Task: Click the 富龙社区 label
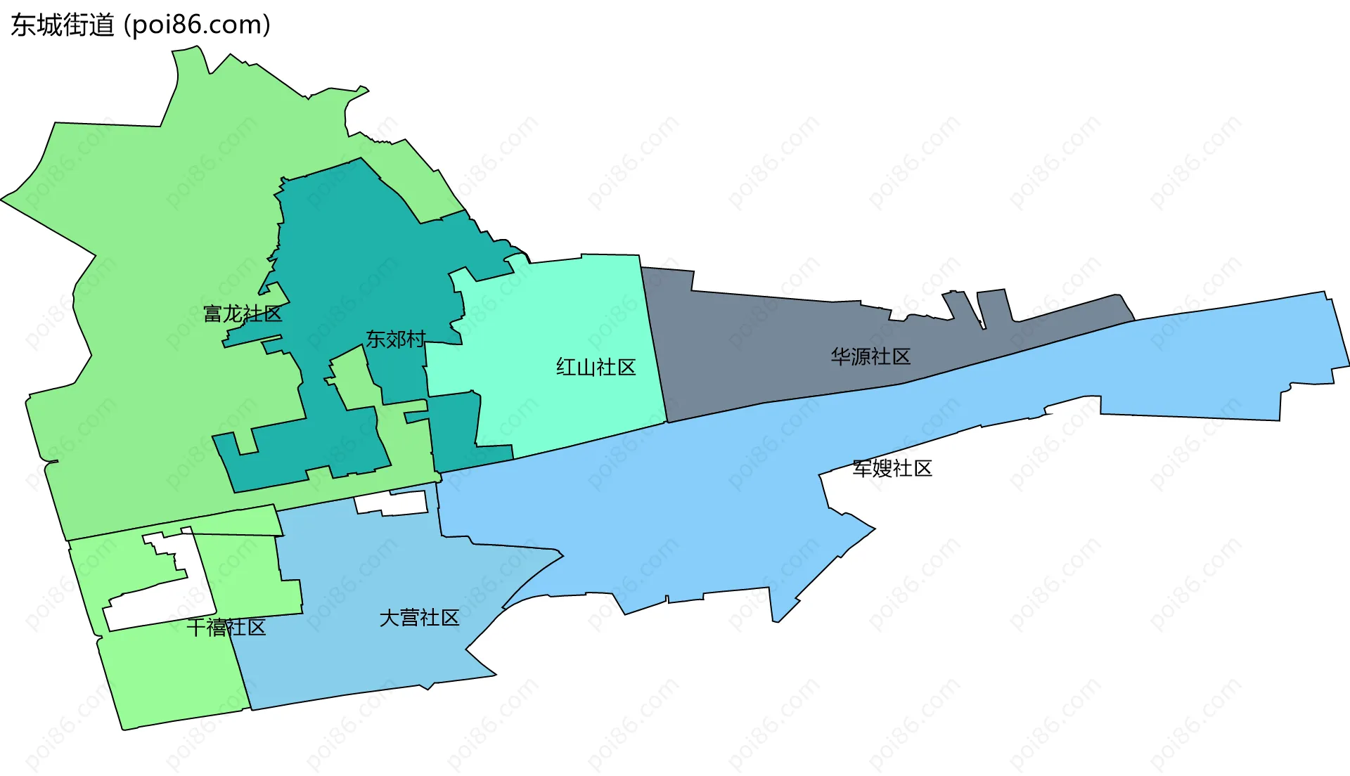pyautogui.click(x=243, y=313)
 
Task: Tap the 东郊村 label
pyautogui.click(x=395, y=339)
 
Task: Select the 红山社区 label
pyautogui.click(x=596, y=367)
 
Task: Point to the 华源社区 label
pyautogui.click(x=870, y=356)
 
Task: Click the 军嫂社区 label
pyautogui.click(x=892, y=468)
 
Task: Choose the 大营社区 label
pyautogui.click(x=419, y=618)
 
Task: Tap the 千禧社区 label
pyautogui.click(x=226, y=627)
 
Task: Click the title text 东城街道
pyautogui.click(x=63, y=25)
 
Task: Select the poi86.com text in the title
pyautogui.click(x=197, y=25)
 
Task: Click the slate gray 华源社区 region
pyautogui.click(x=773, y=344)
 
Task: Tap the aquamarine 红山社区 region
pyautogui.click(x=562, y=316)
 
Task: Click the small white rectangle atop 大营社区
pyautogui.click(x=391, y=503)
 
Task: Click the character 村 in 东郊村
pyautogui.click(x=416, y=339)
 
